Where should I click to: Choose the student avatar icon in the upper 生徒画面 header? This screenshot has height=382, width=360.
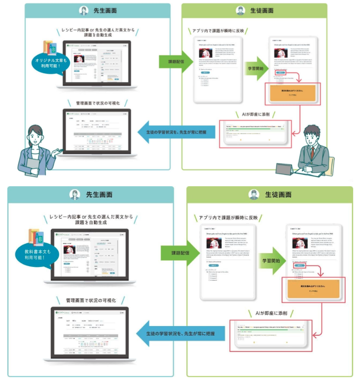(240, 11)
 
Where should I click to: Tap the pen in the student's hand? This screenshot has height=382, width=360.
(301, 167)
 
